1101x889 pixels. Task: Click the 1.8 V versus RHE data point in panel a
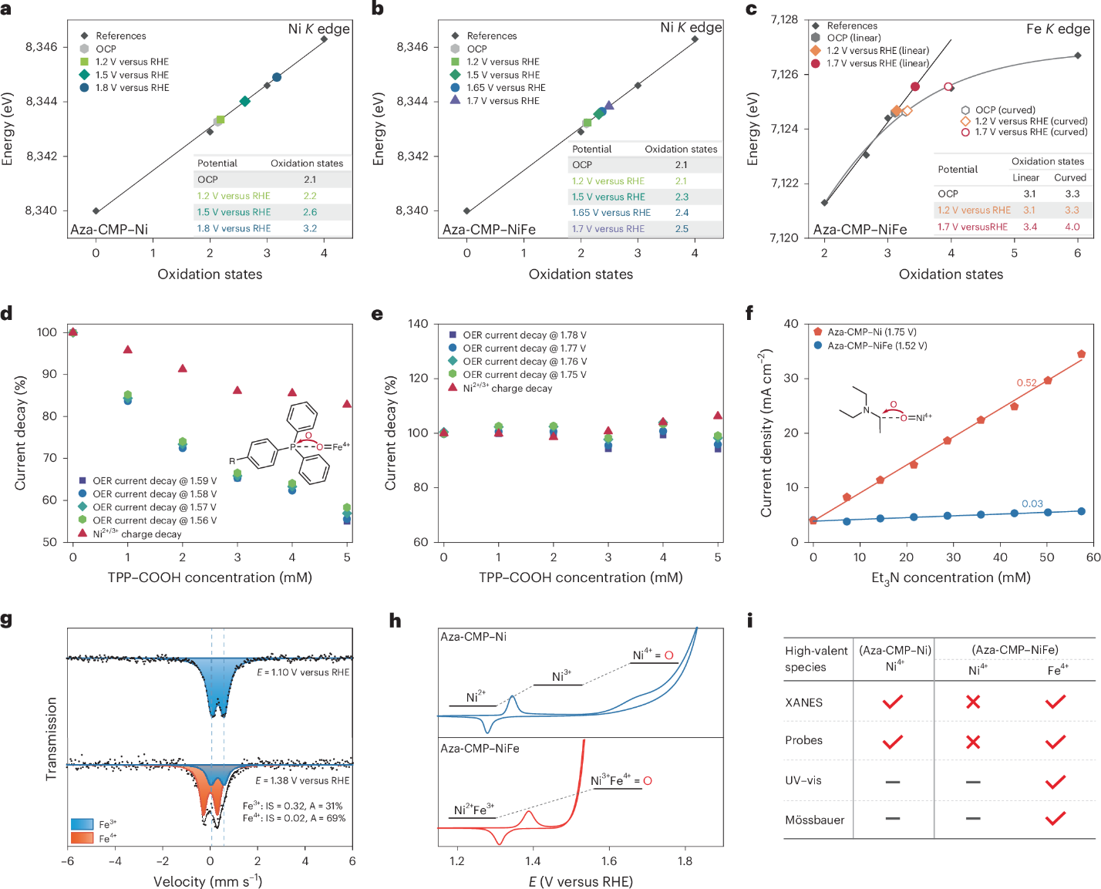point(277,77)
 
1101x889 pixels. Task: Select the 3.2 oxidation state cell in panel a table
point(310,228)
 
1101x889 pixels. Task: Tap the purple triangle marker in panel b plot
point(608,106)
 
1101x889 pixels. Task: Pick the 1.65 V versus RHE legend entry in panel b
point(505,88)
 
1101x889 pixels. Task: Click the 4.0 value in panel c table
point(1072,227)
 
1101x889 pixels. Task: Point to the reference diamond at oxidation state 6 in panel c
point(1077,56)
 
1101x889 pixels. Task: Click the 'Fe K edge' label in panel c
point(1058,29)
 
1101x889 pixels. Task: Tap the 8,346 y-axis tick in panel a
point(42,47)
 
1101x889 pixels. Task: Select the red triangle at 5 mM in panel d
point(347,404)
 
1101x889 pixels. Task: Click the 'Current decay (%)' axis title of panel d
point(20,433)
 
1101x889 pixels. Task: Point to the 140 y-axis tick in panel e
point(418,324)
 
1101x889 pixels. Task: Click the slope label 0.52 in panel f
point(1026,382)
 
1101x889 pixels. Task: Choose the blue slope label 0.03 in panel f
point(1032,503)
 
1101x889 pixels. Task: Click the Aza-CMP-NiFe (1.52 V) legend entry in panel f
point(877,345)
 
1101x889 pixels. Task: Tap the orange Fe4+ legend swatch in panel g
point(82,837)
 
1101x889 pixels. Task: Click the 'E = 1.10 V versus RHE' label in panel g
point(303,672)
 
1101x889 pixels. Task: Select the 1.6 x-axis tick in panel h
point(608,861)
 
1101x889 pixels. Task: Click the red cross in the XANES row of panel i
point(973,702)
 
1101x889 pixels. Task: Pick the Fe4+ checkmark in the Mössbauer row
point(1056,819)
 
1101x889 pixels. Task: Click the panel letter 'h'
point(395,621)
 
